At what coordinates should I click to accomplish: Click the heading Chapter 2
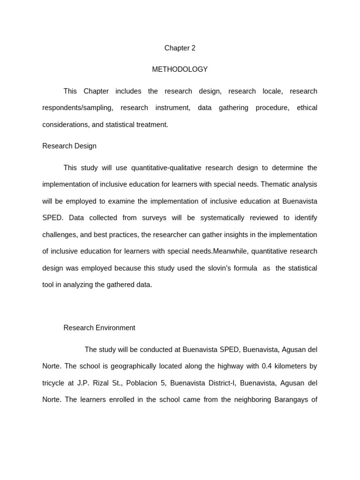click(180, 48)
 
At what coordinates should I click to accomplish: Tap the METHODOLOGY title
click(180, 69)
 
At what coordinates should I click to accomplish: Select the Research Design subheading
click(69, 146)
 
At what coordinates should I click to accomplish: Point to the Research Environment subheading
click(99, 328)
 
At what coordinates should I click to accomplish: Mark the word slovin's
click(240, 268)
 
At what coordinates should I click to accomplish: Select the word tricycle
click(53, 383)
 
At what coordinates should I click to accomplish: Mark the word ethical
click(307, 108)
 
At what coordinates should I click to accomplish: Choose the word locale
click(272, 91)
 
